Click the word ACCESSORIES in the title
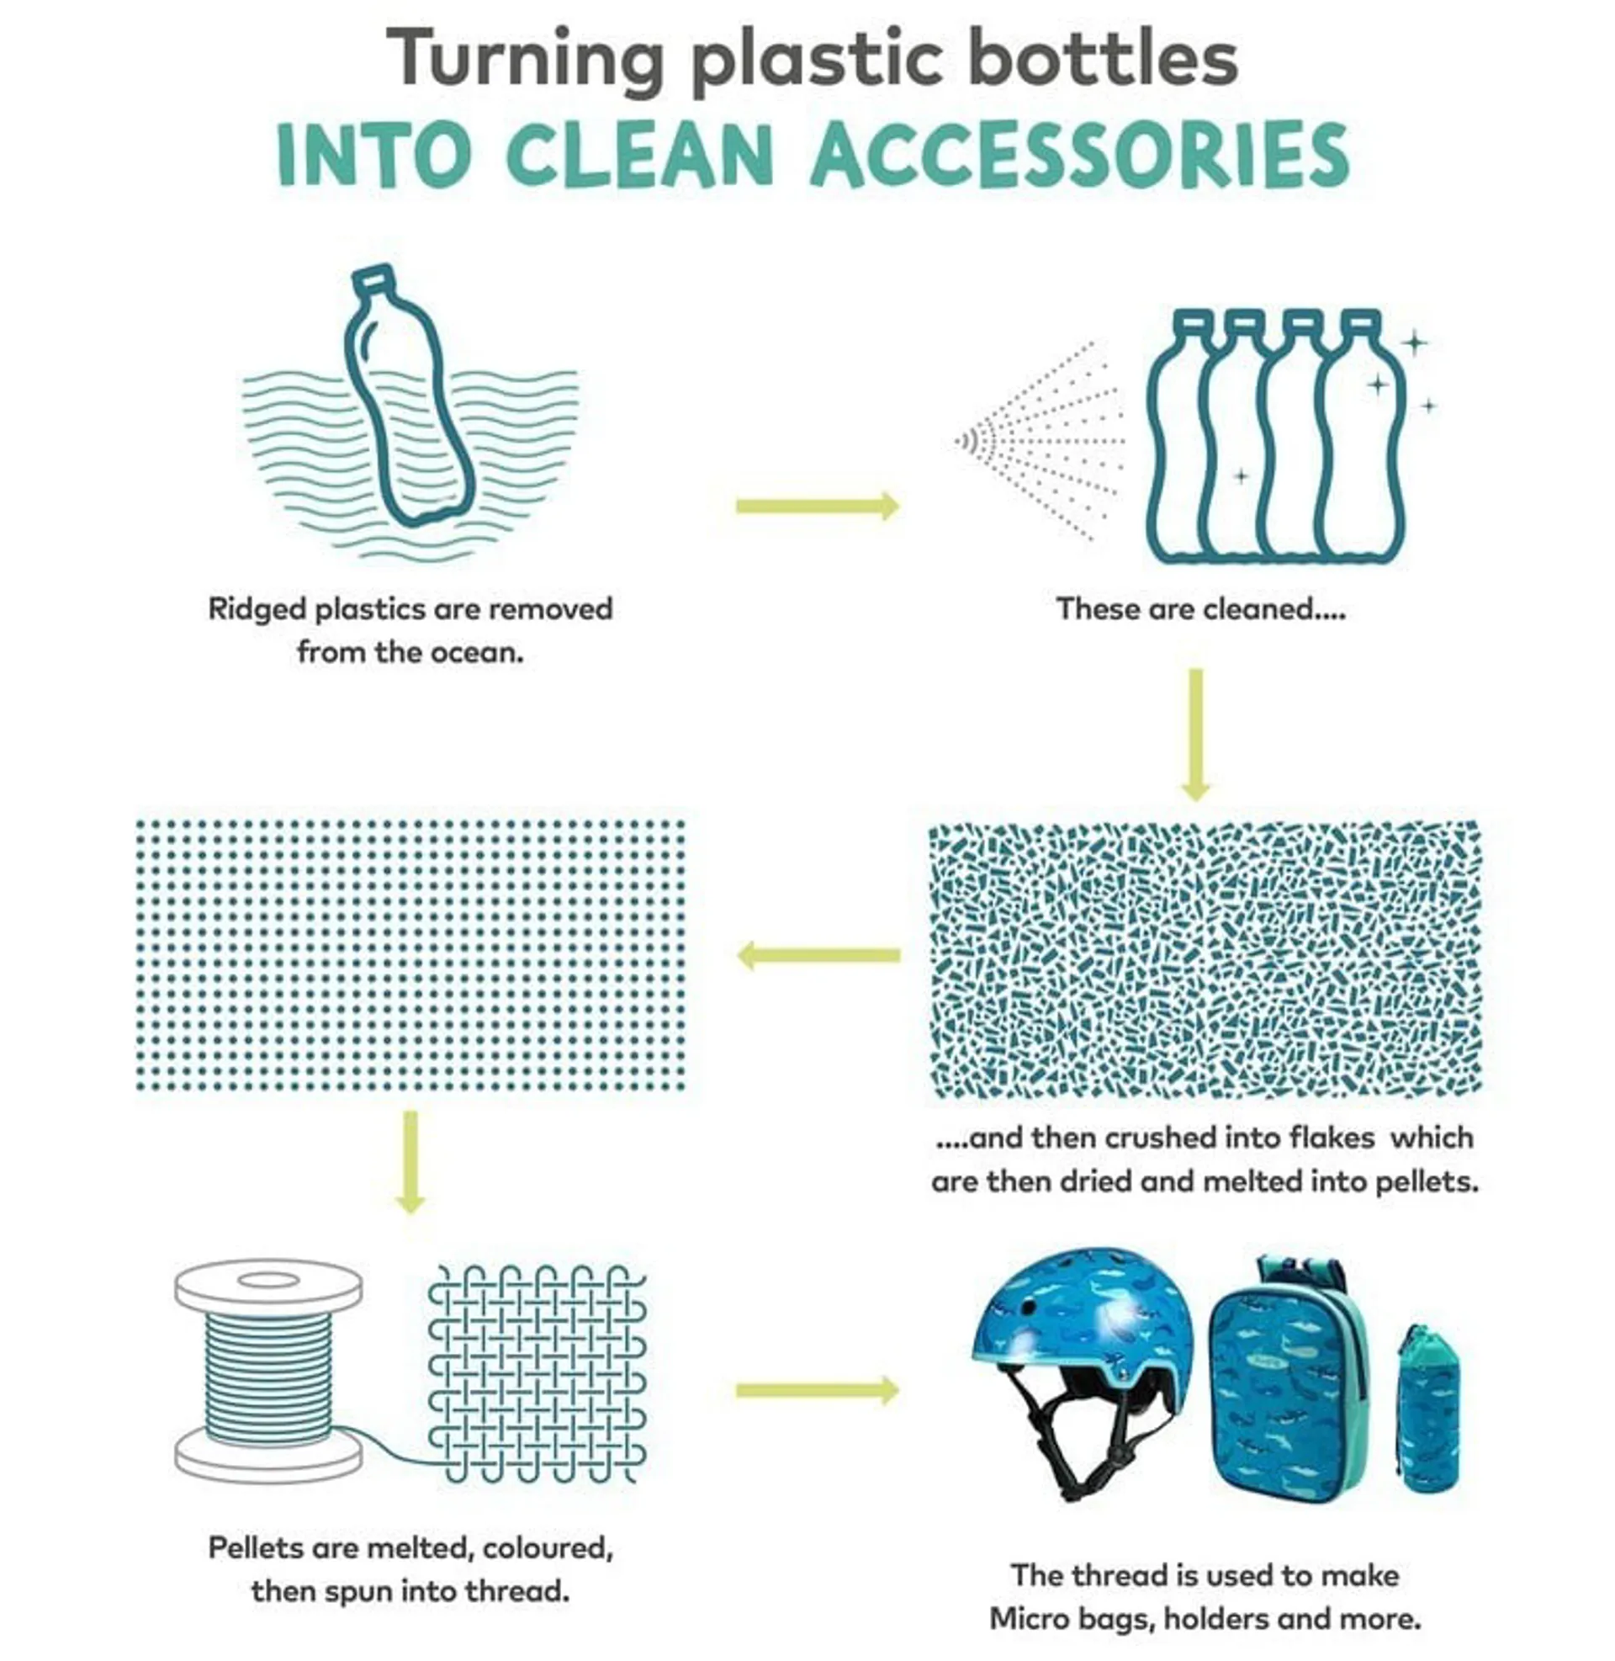click(x=1080, y=155)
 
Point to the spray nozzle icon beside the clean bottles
click(x=969, y=441)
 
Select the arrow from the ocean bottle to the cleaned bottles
click(x=818, y=507)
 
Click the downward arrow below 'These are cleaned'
click(x=1195, y=735)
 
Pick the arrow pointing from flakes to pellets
click(x=818, y=955)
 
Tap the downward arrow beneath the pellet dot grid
click(x=410, y=1162)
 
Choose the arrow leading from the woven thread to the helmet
click(x=818, y=1390)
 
